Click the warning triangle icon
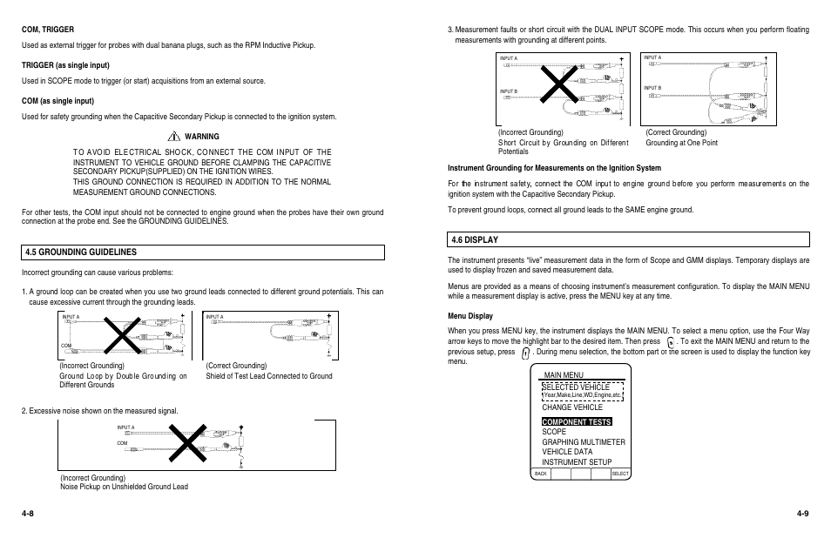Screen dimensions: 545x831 point(174,137)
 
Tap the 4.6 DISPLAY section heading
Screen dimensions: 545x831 point(475,239)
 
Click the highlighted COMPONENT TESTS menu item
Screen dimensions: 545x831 point(577,421)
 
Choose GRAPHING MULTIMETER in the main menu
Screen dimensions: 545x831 point(583,442)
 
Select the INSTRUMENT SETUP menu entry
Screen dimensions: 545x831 point(577,462)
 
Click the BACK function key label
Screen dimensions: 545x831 point(541,474)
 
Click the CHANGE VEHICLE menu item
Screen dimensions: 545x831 point(572,407)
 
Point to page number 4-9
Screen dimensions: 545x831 point(802,514)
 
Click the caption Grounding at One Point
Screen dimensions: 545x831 point(681,143)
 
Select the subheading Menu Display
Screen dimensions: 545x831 point(470,316)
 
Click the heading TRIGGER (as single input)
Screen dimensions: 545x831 point(65,65)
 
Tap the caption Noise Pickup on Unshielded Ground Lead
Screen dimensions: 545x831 point(124,487)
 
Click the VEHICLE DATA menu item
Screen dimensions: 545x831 point(567,452)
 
